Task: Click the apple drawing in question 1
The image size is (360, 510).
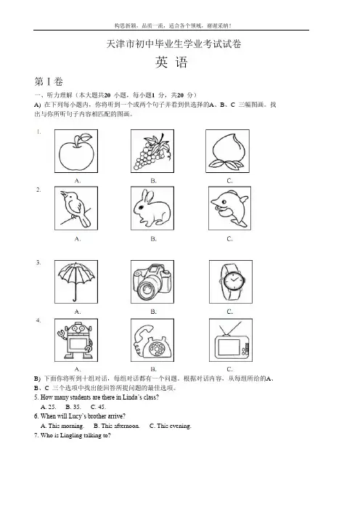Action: click(x=76, y=152)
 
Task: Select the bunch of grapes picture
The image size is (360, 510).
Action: click(x=152, y=151)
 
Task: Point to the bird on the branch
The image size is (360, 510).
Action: click(x=77, y=209)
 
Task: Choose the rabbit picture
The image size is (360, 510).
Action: click(x=152, y=209)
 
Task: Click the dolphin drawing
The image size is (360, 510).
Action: click(x=229, y=209)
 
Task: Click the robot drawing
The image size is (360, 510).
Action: click(x=76, y=340)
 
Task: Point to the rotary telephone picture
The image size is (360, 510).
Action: click(x=152, y=341)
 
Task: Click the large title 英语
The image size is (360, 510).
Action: click(x=171, y=62)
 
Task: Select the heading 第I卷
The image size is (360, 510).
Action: click(x=49, y=81)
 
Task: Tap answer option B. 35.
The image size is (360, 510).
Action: click(x=73, y=407)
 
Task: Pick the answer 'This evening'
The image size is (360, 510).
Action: click(x=171, y=426)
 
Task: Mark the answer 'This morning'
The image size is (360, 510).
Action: click(x=62, y=426)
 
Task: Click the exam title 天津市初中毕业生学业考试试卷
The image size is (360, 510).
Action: click(x=173, y=44)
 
